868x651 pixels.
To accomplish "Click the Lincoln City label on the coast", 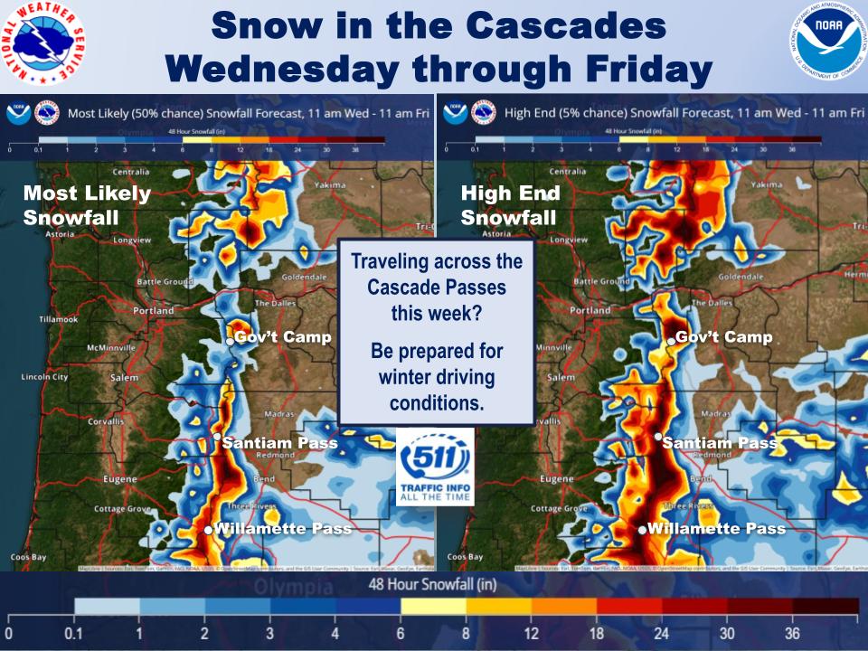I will [44, 376].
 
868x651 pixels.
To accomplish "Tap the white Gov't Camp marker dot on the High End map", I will [672, 341].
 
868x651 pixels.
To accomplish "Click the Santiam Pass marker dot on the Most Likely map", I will [217, 437].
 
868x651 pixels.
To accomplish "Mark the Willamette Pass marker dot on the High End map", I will [643, 530].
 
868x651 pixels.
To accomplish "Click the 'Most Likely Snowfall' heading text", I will [75, 205].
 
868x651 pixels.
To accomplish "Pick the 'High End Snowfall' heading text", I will [510, 205].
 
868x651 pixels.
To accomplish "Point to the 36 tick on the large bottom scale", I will [792, 632].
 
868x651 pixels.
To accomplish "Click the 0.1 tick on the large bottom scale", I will [74, 632].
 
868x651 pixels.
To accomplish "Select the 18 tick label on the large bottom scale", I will [596, 632].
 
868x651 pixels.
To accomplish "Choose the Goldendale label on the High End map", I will [742, 276].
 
